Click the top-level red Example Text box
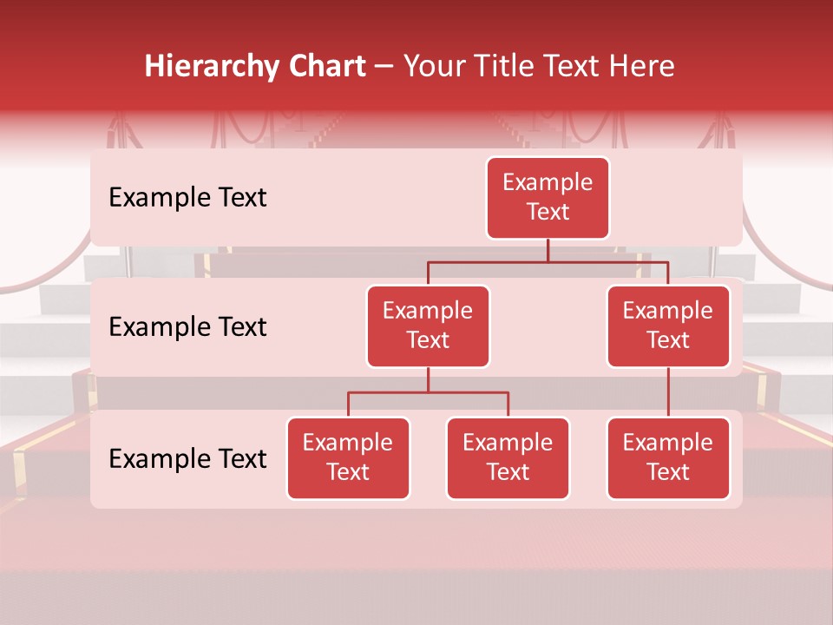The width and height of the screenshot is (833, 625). click(x=548, y=198)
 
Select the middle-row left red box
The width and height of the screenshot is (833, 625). click(x=428, y=326)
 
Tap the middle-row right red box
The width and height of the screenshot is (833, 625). click(x=668, y=326)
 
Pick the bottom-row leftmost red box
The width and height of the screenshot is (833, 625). click(x=348, y=458)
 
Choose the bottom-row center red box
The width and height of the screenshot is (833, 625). click(x=508, y=458)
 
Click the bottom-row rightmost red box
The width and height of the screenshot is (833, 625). click(x=668, y=458)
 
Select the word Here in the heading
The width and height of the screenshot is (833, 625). click(x=642, y=67)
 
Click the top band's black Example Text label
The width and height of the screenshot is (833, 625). click(x=187, y=198)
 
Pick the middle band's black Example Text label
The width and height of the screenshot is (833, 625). click(x=187, y=327)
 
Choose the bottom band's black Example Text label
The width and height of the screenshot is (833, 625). click(x=187, y=459)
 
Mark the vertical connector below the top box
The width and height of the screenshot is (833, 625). click(x=548, y=250)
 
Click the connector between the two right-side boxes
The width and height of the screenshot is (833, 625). click(x=668, y=392)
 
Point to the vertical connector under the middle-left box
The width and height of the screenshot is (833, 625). click(x=428, y=380)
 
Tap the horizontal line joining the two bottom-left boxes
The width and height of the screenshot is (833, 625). click(x=428, y=392)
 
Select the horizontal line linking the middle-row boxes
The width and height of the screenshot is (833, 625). click(x=548, y=261)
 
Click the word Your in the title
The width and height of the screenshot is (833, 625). click(x=435, y=67)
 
